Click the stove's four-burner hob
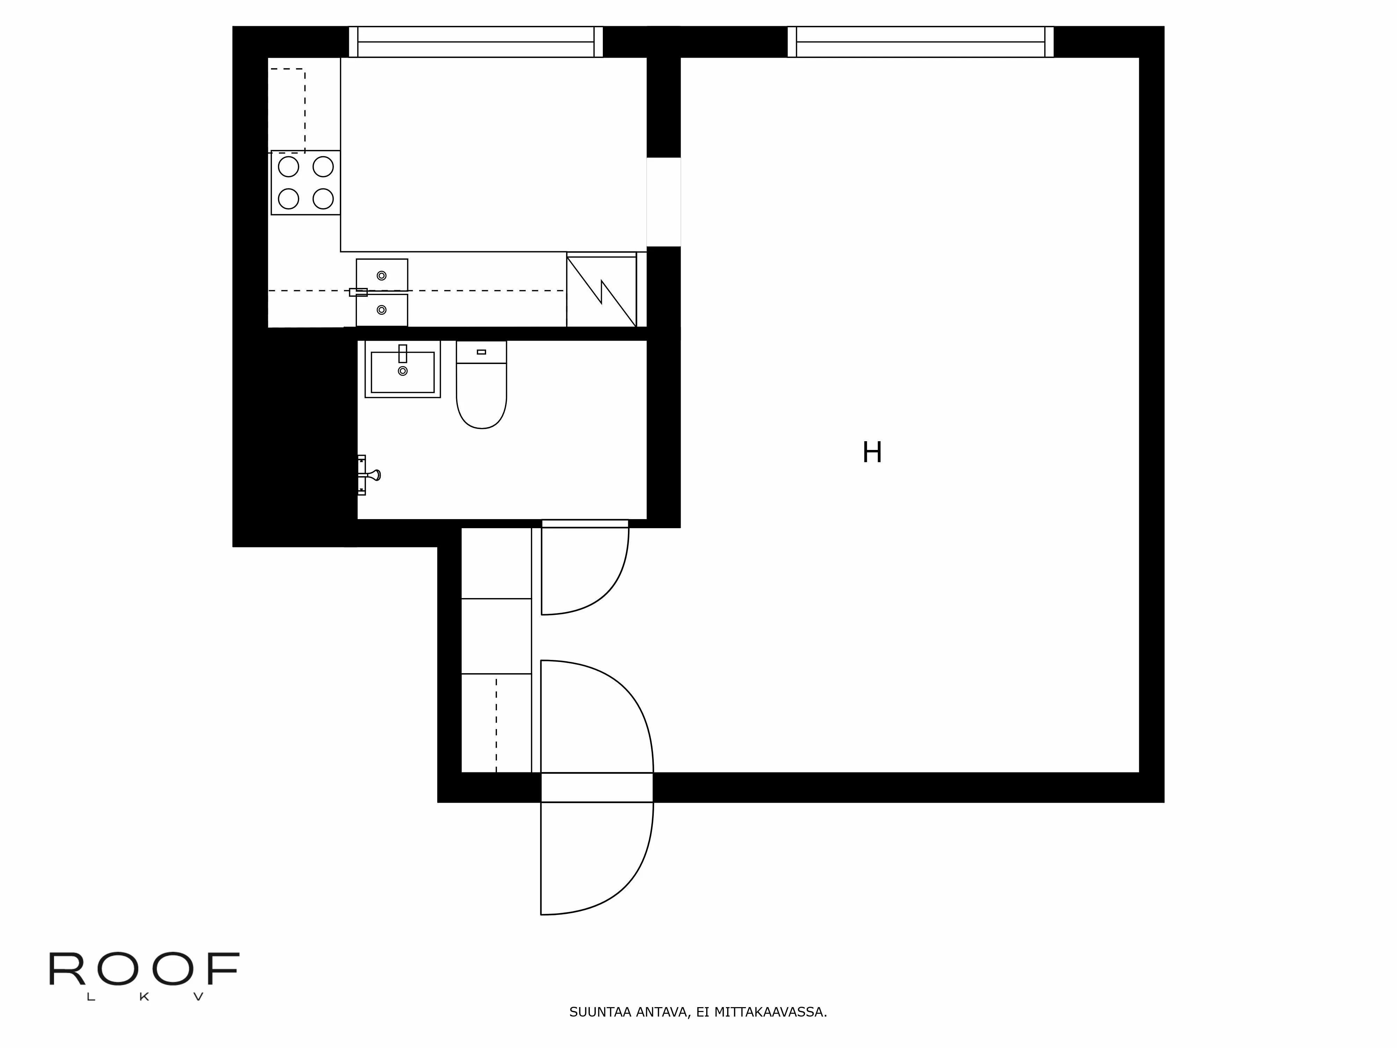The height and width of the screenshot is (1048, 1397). click(x=306, y=183)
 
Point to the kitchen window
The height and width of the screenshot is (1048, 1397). click(x=476, y=42)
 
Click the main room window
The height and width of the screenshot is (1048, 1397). click(x=920, y=42)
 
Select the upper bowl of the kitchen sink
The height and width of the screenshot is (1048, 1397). click(x=381, y=275)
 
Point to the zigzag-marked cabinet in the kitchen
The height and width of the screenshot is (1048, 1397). click(x=601, y=291)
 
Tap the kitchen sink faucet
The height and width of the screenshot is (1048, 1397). click(x=358, y=292)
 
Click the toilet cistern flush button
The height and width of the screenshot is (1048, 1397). click(x=481, y=352)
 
